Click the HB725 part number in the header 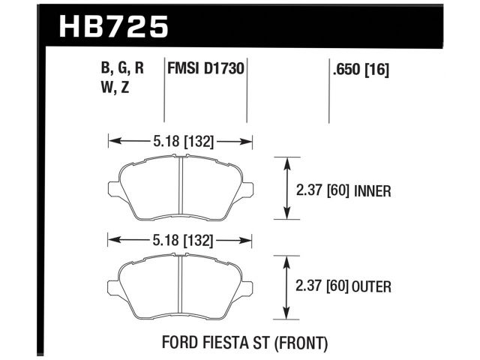[x=112, y=27]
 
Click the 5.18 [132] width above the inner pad [x=180, y=139]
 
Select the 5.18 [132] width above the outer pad [x=180, y=241]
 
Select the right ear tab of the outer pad [x=247, y=286]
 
